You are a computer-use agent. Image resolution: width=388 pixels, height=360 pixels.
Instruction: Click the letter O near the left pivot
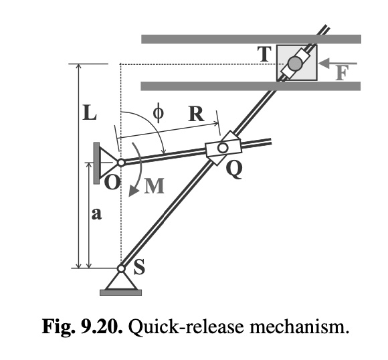(112, 181)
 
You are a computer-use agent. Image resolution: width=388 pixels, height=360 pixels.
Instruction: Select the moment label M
(154, 187)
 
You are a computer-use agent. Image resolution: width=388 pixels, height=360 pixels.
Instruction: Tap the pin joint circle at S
(121, 269)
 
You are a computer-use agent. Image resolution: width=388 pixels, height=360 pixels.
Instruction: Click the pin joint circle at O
(121, 162)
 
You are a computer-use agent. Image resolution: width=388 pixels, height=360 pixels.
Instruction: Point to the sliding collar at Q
(221, 148)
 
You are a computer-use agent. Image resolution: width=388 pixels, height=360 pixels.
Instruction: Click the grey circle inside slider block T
(295, 64)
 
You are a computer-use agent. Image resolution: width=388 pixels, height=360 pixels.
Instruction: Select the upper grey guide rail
(251, 39)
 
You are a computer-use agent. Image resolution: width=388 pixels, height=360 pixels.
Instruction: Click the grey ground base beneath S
(121, 291)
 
